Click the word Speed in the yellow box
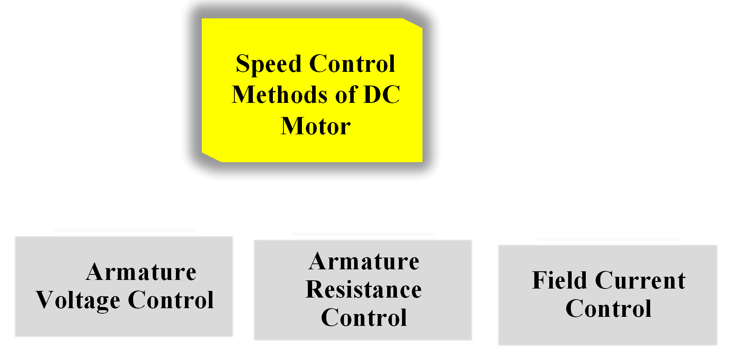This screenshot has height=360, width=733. coord(269,64)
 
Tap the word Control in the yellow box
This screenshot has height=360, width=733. coord(352,64)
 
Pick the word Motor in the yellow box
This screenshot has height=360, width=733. coord(316,126)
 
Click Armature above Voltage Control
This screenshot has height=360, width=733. coord(141,272)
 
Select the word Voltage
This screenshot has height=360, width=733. coord(78,301)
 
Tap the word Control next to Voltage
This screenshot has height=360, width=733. coord(171,300)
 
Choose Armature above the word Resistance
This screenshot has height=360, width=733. coord(364,261)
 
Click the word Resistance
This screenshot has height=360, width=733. coord(364,290)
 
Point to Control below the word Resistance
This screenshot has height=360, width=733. coord(364,318)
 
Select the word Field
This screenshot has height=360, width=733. coord(559,280)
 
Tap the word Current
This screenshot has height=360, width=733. coord(640,281)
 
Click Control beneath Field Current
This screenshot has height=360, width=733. coord(609,309)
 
